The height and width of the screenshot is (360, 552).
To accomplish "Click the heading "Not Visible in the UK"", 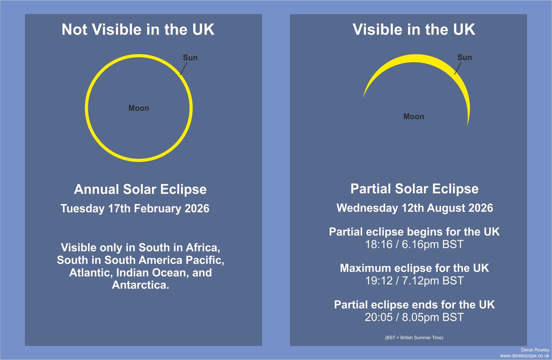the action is [138, 30].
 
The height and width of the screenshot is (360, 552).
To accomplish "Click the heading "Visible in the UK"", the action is [414, 30].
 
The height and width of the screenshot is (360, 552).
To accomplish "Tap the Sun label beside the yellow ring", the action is [190, 58].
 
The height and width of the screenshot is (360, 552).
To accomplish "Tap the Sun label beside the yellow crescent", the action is [464, 57].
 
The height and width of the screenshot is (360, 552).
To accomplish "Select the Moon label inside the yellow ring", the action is [139, 108].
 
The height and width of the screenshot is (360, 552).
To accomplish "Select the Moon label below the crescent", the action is [414, 116].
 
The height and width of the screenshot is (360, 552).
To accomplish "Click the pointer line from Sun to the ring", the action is [184, 68].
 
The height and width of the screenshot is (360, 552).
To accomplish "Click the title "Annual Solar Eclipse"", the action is [140, 189].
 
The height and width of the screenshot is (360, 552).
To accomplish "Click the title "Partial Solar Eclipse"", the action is [414, 189].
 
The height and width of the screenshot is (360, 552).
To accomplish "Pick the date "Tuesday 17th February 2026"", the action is [135, 208].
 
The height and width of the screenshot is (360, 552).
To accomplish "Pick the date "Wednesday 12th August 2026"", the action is [415, 208].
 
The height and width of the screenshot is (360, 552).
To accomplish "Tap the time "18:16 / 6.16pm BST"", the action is [414, 244].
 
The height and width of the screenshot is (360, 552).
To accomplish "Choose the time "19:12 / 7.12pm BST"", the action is [414, 281].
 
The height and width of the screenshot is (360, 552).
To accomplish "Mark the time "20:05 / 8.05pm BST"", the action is [414, 317].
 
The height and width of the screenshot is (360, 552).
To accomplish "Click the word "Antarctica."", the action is [140, 285].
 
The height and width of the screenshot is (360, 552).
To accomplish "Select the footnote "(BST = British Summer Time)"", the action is [414, 338].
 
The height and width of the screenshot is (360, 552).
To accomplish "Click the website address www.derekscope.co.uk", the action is [525, 356].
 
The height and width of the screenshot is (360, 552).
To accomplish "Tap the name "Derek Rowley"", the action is [535, 350].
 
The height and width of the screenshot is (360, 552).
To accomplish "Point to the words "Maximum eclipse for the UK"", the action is [414, 268].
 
